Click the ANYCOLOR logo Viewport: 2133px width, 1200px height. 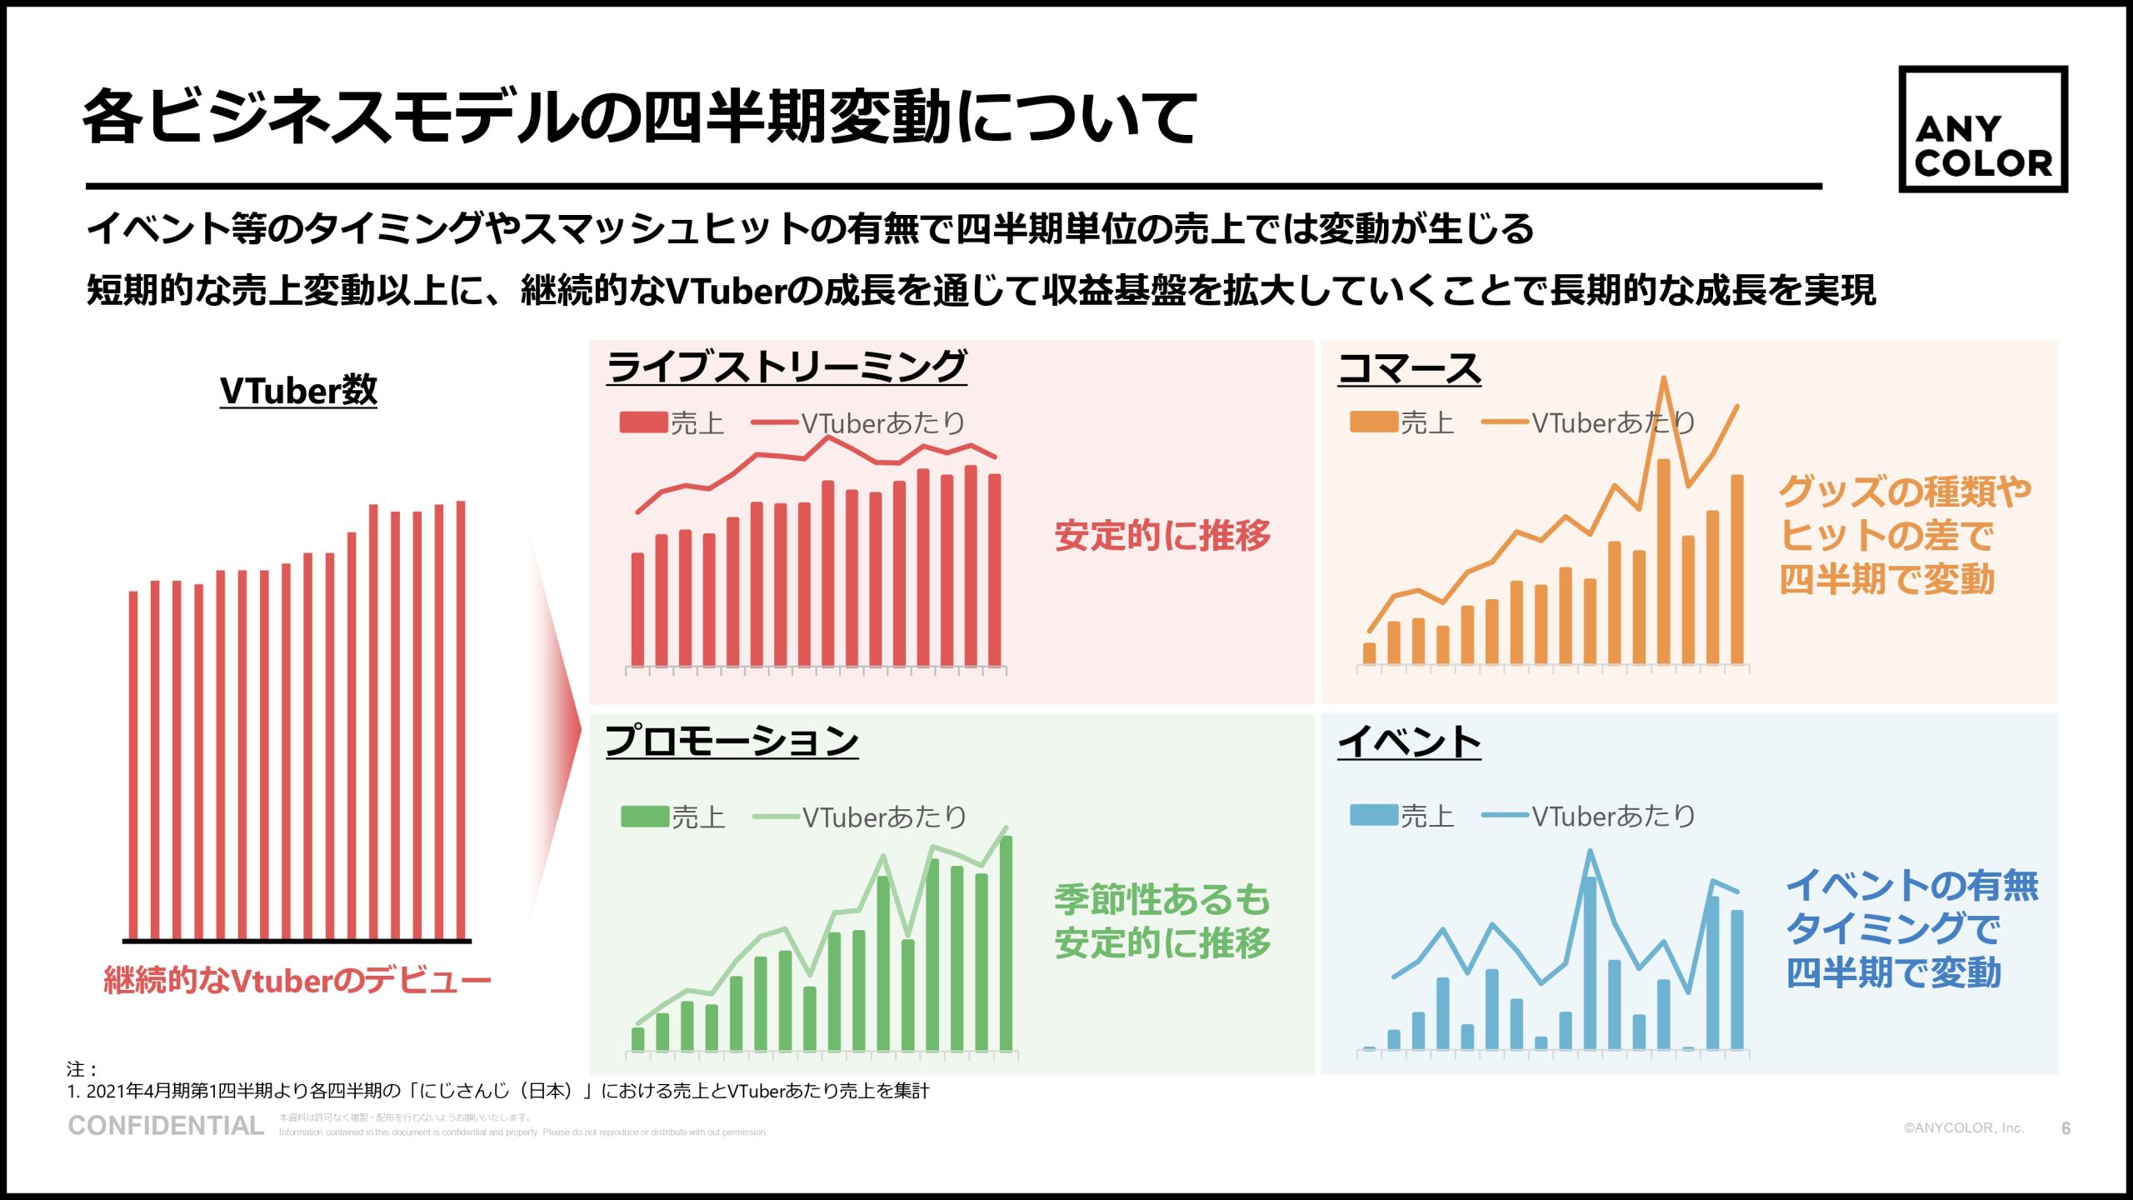1982,129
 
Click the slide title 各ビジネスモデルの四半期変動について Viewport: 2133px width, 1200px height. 640,117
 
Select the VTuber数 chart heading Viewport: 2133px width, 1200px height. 298,390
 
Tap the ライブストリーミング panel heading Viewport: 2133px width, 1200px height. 787,367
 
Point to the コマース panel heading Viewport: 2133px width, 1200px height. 1409,368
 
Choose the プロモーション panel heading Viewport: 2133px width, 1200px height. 732,740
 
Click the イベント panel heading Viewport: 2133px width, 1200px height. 1409,741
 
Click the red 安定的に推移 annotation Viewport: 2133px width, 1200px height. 1162,535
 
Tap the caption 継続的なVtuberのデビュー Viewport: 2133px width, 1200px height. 297,980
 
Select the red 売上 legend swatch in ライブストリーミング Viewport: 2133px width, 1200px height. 643,422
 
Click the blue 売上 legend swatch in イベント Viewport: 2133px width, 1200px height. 1373,815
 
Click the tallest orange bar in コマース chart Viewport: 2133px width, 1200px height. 1663,562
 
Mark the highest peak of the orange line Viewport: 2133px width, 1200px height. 1663,379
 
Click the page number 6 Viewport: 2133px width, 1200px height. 2066,1128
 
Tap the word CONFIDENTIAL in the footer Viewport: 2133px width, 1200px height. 166,1126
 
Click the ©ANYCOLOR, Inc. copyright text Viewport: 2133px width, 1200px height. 1963,1127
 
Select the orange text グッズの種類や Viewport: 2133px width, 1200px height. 1905,491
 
